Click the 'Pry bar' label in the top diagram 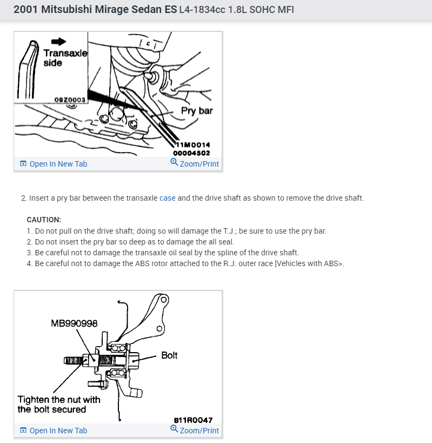[x=197, y=111]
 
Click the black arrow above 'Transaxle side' [x=58, y=42]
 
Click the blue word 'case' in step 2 [x=168, y=198]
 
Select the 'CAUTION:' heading [x=44, y=220]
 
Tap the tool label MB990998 [x=74, y=323]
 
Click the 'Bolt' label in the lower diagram [x=169, y=355]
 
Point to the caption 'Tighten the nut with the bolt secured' [x=59, y=405]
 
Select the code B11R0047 [x=193, y=420]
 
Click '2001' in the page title [x=26, y=9]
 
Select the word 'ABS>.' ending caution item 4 [x=334, y=263]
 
